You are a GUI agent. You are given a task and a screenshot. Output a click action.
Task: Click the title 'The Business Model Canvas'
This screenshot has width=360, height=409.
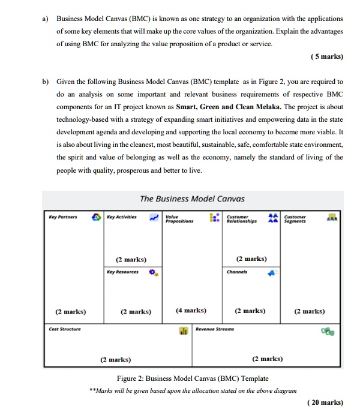[x=193, y=199]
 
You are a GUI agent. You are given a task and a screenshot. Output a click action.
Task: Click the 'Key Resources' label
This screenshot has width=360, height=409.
[x=122, y=272]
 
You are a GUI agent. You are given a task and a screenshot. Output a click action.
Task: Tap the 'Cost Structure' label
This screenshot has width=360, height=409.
[x=64, y=329]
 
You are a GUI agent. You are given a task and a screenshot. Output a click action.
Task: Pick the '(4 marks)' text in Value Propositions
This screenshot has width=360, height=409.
[x=191, y=311]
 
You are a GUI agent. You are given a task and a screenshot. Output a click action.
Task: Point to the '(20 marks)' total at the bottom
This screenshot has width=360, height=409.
[x=323, y=402]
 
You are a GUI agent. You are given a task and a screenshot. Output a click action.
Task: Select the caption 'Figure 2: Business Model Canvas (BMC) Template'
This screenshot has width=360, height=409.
[x=193, y=378]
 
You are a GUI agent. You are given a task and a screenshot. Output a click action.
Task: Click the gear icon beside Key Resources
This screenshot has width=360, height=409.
[x=154, y=273]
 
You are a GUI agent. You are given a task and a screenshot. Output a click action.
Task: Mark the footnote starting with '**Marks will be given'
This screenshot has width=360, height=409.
[x=193, y=390]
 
